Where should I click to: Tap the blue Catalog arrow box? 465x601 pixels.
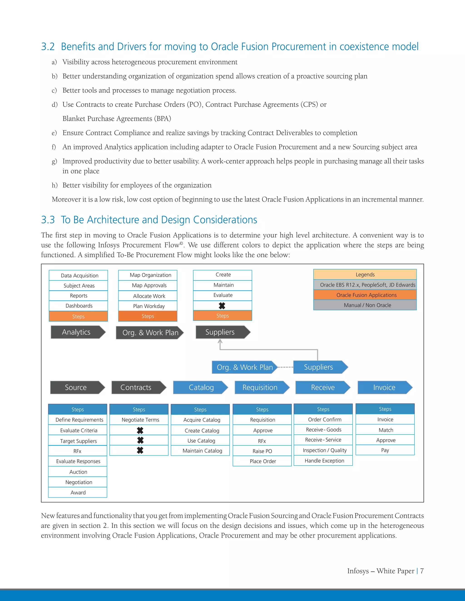tap(200, 387)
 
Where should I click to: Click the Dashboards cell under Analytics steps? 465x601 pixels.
tap(79, 306)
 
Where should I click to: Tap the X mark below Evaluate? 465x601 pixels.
tap(222, 306)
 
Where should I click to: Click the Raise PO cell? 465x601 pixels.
tap(262, 451)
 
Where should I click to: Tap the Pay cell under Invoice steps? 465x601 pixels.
tap(385, 450)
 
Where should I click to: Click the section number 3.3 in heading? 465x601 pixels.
tap(48, 220)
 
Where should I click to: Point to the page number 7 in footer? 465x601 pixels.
tap(422, 571)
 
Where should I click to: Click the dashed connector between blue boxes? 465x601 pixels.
tap(285, 367)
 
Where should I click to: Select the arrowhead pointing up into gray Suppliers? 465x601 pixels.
tap(220, 341)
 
